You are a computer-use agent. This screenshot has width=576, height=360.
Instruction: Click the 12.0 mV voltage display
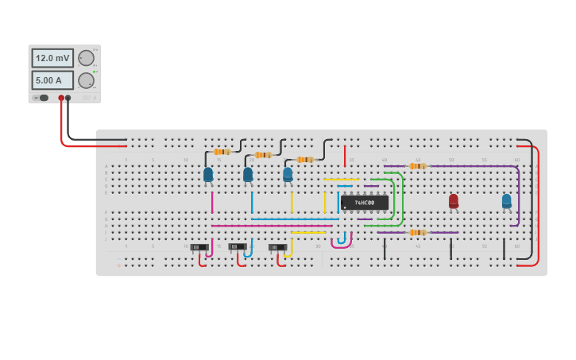[52, 58]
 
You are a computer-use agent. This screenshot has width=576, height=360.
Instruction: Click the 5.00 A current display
[52, 80]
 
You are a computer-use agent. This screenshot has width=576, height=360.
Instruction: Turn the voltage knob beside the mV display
[86, 58]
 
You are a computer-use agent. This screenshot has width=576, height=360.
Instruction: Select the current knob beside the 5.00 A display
[86, 80]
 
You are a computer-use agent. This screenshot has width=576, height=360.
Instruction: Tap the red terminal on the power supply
[61, 98]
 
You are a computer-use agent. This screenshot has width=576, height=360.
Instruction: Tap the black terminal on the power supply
[68, 98]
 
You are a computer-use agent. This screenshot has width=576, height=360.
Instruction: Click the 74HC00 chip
[365, 203]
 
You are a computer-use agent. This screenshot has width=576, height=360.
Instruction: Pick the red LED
[454, 200]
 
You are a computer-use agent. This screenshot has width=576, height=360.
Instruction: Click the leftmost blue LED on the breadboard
[208, 174]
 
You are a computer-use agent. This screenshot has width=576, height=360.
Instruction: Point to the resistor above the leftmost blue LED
[222, 152]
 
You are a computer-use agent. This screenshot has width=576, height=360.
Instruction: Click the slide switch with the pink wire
[199, 247]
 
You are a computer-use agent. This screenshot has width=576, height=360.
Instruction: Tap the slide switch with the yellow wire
[277, 247]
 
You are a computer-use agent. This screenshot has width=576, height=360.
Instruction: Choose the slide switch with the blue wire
[238, 246]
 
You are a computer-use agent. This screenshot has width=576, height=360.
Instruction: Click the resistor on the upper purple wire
[418, 166]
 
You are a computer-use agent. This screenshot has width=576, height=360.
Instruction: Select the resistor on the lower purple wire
[418, 233]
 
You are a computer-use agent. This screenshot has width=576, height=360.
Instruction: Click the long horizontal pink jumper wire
[270, 226]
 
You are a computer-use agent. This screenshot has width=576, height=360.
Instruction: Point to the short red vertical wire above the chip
[345, 157]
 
